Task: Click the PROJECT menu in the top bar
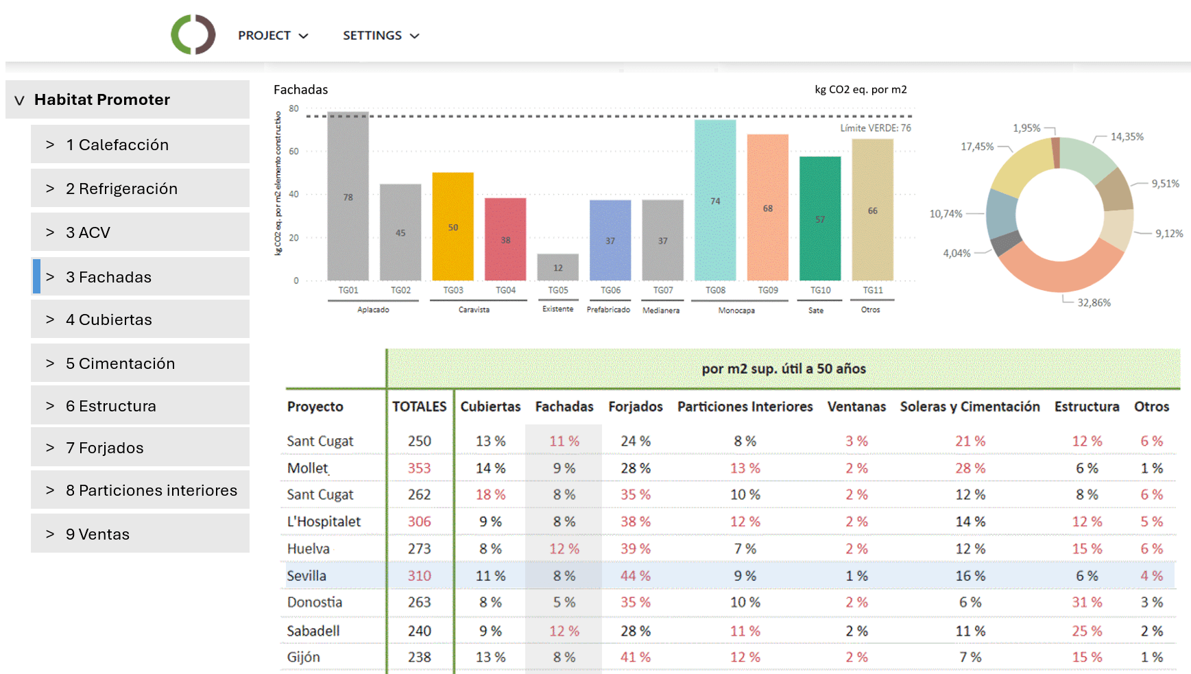[x=272, y=36]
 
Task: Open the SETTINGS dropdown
[x=381, y=36]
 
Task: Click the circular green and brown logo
[x=193, y=34]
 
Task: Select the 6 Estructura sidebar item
[x=140, y=406]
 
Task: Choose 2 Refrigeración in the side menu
[x=140, y=189]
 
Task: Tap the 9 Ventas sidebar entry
[x=140, y=534]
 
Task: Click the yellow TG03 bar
[x=453, y=226]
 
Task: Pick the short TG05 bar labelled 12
[x=557, y=267]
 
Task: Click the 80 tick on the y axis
[x=294, y=108]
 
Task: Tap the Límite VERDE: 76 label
[x=876, y=128]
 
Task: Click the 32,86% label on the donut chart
[x=1094, y=302]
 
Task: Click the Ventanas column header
[x=856, y=407]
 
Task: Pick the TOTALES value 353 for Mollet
[x=419, y=468]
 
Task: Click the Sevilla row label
[x=306, y=576]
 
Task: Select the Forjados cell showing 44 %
[x=636, y=576]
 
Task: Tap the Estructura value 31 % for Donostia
[x=1087, y=602]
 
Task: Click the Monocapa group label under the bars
[x=736, y=311]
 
